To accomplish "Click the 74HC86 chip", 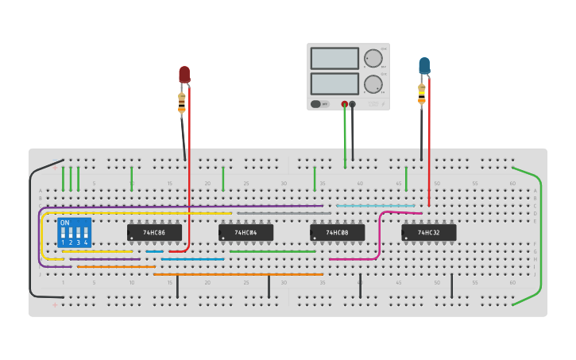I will tap(154, 232).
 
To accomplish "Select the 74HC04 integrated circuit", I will tap(245, 232).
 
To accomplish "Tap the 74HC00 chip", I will tap(337, 232).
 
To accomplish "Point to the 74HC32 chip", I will tap(428, 232).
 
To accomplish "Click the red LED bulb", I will tap(184, 75).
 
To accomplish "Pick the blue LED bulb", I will tap(424, 65).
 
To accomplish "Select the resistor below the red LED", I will tap(182, 102).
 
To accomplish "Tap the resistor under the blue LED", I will tap(422, 94).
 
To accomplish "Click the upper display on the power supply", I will tap(334, 58).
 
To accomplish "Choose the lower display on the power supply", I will tap(334, 83).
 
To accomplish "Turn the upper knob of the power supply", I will tap(373, 58).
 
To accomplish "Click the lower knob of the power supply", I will tap(373, 84).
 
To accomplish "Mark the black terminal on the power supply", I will tap(353, 104).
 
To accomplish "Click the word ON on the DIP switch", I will tap(64, 223).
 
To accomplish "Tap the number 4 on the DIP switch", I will tap(86, 242).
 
